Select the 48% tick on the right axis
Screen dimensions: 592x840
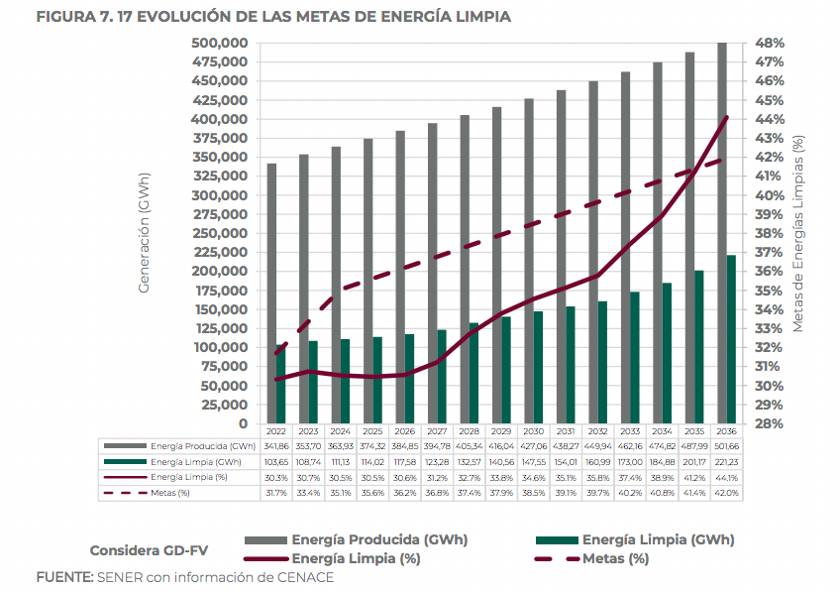(770, 43)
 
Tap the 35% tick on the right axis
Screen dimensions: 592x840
(770, 291)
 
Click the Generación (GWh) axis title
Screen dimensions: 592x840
(145, 233)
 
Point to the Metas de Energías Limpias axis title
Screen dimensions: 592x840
(798, 233)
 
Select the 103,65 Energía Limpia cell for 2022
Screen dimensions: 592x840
(275, 463)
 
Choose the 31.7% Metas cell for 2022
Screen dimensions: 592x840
(275, 493)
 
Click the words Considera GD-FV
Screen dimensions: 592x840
(146, 550)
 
